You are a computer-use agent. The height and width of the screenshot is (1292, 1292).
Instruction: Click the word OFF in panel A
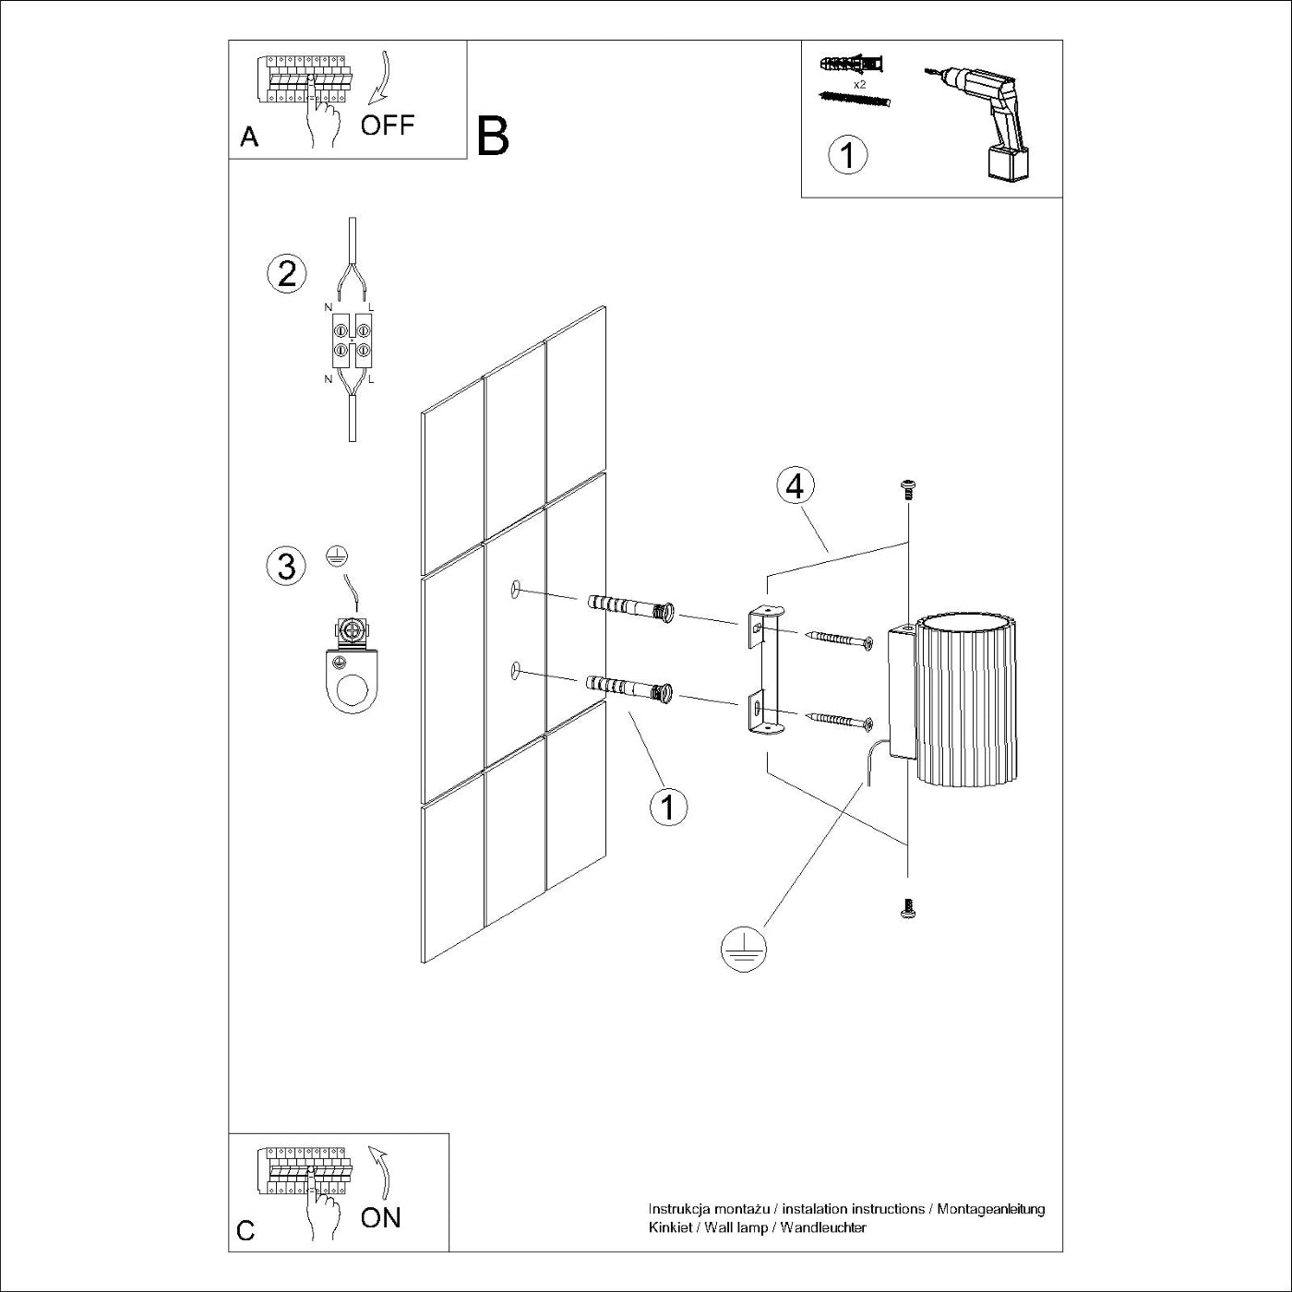(388, 125)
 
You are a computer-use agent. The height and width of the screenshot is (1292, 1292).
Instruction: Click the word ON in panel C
(381, 1217)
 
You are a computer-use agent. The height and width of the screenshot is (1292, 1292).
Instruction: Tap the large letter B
(493, 137)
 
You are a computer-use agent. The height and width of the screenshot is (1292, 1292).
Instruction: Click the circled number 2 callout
(286, 273)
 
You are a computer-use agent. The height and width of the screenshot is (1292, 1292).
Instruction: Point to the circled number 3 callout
(286, 566)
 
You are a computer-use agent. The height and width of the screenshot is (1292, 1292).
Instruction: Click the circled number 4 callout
(796, 486)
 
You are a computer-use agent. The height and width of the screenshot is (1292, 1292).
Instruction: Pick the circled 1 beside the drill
(848, 154)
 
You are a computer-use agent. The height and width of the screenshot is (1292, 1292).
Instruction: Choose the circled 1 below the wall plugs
(669, 807)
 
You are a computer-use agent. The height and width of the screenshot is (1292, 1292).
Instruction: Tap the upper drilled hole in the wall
(515, 589)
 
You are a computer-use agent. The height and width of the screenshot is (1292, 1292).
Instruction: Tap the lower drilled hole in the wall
(515, 672)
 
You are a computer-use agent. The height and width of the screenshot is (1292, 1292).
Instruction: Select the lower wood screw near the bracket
(840, 720)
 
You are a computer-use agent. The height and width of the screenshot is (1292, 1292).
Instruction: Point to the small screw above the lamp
(908, 489)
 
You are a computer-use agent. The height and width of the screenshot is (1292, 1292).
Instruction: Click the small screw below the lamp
(907, 909)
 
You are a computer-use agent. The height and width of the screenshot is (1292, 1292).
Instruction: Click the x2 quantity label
(860, 84)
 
